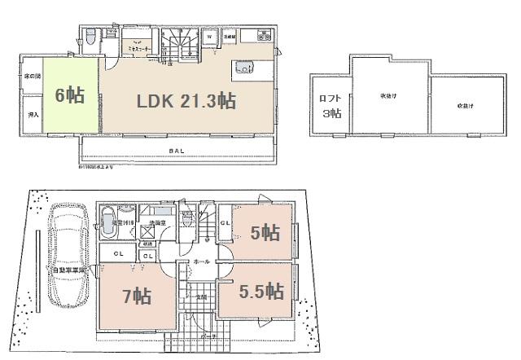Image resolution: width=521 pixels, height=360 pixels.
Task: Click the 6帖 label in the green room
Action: pos(70,94)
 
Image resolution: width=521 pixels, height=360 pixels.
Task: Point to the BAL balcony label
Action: pos(176,151)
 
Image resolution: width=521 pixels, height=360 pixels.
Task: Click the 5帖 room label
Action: pos(265,234)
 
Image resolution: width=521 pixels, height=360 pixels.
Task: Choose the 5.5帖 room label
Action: pos(261,292)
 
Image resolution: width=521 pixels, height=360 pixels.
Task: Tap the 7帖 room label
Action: pos(137,294)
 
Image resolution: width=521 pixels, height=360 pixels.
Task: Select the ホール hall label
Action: pos(201,261)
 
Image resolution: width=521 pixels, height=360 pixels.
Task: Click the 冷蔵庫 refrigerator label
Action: pos(230,37)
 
